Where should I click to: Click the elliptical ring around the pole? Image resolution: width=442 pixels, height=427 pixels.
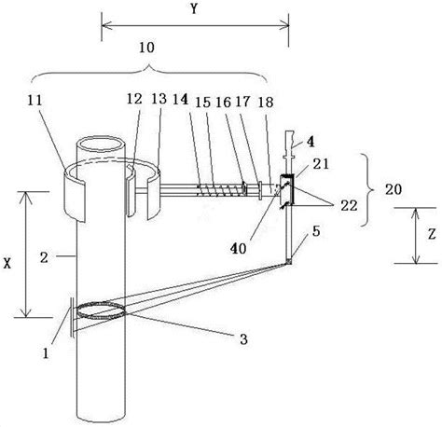pyautogui.click(x=105, y=312)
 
